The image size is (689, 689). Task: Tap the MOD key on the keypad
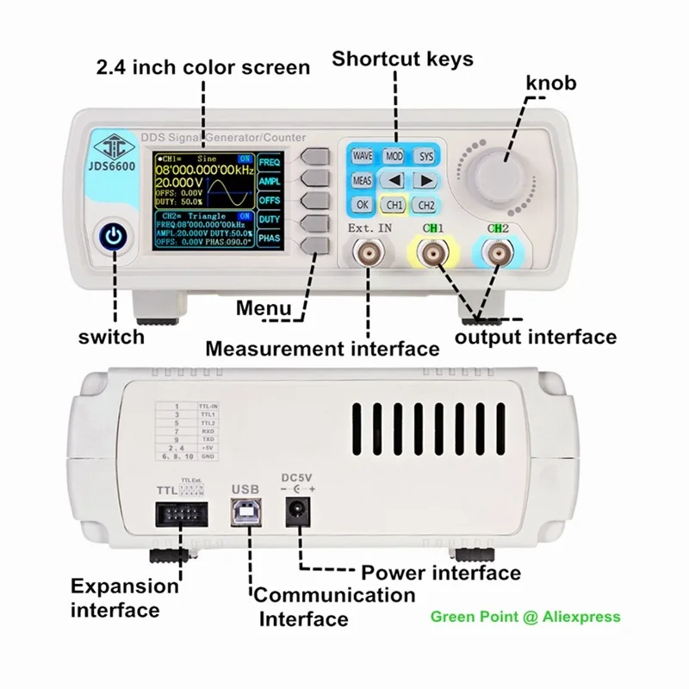tap(394, 156)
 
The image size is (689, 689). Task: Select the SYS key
tap(426, 156)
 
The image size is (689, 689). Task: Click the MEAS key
tap(362, 181)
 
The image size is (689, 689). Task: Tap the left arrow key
tap(394, 181)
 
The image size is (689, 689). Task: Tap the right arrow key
tap(425, 181)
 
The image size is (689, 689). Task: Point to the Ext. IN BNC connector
tap(369, 256)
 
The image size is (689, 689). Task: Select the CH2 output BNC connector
tap(498, 256)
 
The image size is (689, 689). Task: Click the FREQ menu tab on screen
tap(270, 163)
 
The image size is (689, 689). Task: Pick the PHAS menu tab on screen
tap(270, 238)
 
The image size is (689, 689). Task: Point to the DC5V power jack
tap(299, 515)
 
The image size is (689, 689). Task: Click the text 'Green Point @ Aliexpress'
tap(525, 617)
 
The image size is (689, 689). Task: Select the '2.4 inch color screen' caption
tap(204, 67)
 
